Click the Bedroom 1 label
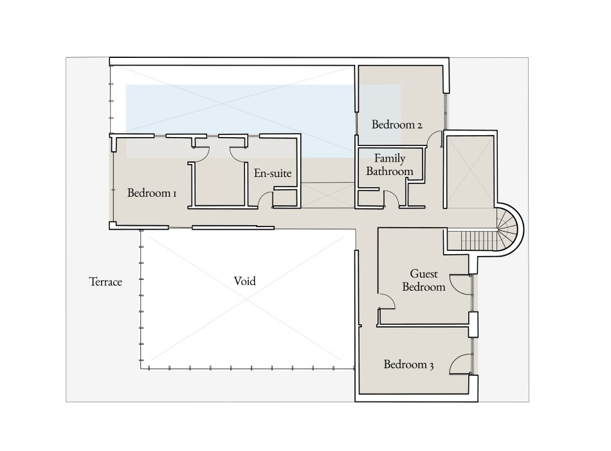coord(152,192)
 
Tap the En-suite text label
coord(273,173)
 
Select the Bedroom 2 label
coord(397,125)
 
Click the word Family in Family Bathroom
coord(390,158)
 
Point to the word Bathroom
coord(390,172)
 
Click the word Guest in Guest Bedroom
coord(424,274)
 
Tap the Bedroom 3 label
coord(408,365)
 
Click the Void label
coord(244,281)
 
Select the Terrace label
coord(105,281)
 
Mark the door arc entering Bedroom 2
coord(435,139)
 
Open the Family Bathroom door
coord(390,199)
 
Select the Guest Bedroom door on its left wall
coord(386,301)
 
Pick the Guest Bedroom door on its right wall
coord(460,283)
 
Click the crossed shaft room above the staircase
coord(470,170)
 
